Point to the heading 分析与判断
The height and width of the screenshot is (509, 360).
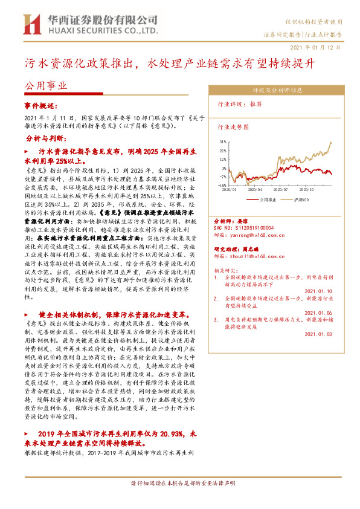45,138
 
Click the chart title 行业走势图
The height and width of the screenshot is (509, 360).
233,128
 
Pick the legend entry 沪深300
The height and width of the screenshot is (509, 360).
299,199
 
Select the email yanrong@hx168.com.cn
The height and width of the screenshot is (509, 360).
257,234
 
